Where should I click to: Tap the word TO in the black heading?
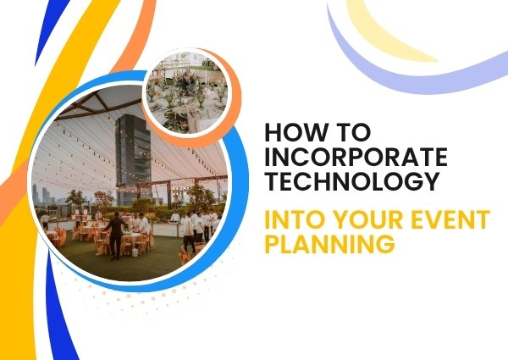click(x=356, y=132)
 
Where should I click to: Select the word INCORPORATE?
click(x=356, y=157)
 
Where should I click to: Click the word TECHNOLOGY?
click(x=352, y=180)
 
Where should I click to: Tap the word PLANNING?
click(x=330, y=243)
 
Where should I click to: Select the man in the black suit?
click(x=116, y=235)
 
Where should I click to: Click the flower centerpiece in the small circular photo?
click(x=185, y=81)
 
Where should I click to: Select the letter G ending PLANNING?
click(x=386, y=244)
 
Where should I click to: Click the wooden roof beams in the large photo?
click(x=97, y=103)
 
